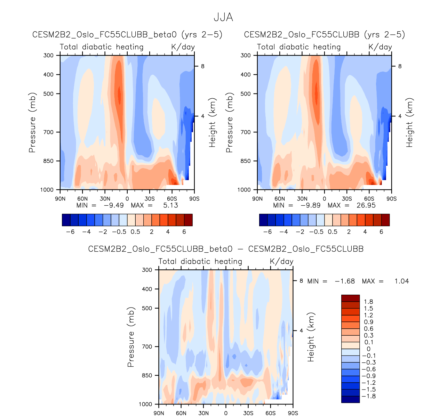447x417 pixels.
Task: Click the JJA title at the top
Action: coord(223,17)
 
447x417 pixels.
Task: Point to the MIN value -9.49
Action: coord(114,205)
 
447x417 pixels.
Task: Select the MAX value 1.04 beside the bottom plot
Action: coord(401,281)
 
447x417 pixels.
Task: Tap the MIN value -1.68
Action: coord(345,281)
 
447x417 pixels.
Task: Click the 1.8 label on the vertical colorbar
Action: coord(368,302)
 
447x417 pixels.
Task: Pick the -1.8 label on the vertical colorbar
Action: coord(369,396)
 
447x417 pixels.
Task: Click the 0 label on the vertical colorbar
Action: coord(369,349)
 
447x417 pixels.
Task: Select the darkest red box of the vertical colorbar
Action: coord(350,299)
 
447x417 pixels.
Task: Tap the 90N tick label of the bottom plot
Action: coord(159,413)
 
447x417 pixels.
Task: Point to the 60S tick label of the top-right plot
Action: coord(369,199)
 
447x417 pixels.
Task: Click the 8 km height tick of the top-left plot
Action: coord(202,66)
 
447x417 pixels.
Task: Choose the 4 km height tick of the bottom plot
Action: coord(301,330)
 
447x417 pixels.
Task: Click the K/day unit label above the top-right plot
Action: coord(380,47)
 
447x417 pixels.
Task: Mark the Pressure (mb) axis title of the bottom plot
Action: coord(131,337)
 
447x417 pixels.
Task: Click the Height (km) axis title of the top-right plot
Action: coord(409,123)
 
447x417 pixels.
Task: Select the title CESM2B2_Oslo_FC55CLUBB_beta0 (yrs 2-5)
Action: coord(127,35)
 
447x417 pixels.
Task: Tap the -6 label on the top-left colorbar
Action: coord(70,232)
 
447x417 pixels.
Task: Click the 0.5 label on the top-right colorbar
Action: coord(333,232)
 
